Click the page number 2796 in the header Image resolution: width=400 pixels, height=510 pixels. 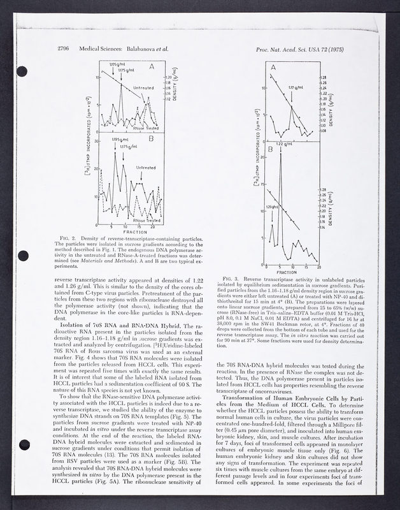(63, 48)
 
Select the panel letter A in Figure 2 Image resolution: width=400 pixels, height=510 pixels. (151, 66)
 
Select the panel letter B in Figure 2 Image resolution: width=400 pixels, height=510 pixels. (151, 137)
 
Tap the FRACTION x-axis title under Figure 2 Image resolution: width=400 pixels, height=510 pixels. (125, 232)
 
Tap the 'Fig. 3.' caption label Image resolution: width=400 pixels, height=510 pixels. (231, 279)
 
